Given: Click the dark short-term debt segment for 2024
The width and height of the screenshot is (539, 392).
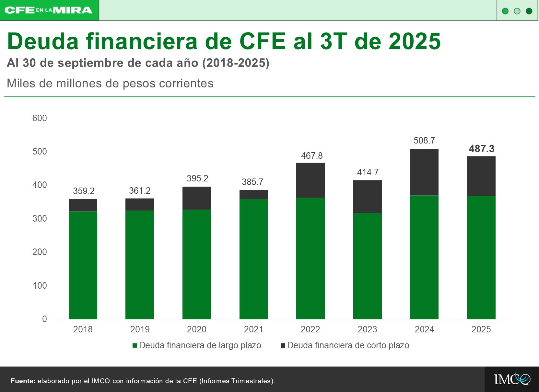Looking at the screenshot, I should [424, 172].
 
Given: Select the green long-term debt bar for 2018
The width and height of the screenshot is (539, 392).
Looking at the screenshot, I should [83, 265].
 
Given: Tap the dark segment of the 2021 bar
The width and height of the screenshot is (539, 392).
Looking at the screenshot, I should [253, 194].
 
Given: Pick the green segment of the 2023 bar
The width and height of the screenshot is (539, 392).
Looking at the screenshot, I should [367, 266].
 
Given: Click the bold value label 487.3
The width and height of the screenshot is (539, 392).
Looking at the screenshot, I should [481, 149].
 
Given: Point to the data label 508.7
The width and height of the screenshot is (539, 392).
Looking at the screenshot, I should [424, 141].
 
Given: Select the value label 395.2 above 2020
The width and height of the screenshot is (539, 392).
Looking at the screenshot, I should [197, 179].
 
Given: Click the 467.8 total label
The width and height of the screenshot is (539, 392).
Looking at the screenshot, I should [311, 156].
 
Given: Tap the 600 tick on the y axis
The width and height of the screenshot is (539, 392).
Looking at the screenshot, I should [40, 118].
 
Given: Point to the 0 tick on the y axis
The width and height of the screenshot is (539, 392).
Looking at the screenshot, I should [44, 319].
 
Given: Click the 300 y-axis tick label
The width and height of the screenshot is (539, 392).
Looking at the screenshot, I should [40, 219].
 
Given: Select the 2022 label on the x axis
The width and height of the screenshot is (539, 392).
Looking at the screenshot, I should [310, 329].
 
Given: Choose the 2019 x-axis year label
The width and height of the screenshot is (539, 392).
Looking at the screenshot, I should [140, 329].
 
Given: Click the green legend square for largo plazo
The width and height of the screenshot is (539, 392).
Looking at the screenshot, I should [135, 346].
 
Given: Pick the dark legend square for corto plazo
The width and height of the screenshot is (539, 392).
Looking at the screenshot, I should [283, 346].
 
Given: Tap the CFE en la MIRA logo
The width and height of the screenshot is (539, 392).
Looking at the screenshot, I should [49, 10].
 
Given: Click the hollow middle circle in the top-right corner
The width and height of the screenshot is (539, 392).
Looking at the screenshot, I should [517, 11].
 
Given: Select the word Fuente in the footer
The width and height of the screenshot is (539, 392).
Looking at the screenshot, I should [23, 381].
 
